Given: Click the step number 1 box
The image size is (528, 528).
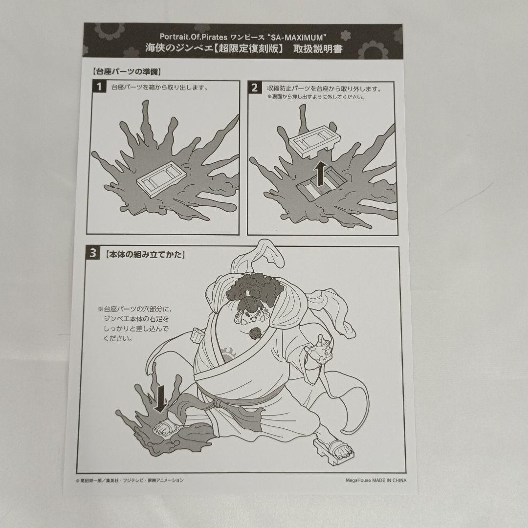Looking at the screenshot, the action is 99,87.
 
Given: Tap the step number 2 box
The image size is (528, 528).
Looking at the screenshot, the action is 255,88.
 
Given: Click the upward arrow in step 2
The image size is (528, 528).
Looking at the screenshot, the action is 320,173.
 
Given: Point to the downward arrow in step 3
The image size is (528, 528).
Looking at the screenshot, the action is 161,399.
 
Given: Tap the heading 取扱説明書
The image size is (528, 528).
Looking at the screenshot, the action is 318,49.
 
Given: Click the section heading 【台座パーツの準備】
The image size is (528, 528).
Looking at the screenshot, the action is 126,71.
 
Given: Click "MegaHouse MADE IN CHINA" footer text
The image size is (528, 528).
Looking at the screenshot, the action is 376,480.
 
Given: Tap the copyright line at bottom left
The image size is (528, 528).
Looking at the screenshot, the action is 130,480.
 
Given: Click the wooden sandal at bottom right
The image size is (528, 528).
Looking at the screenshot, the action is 333,450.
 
